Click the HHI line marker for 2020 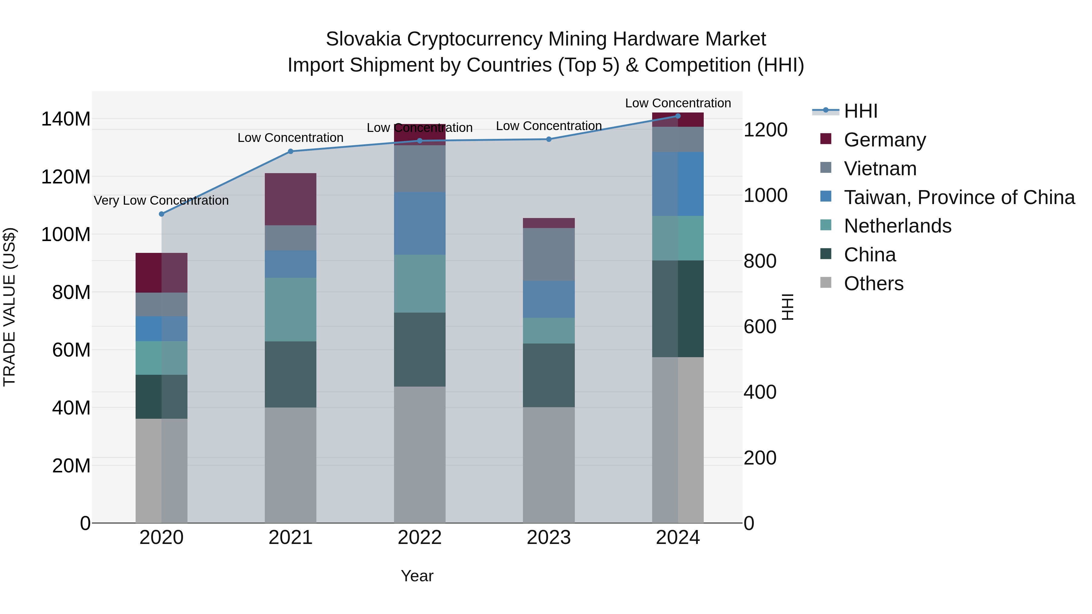point(161,214)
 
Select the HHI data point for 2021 point(290,151)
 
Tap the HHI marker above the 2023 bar point(548,139)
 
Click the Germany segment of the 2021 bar point(290,199)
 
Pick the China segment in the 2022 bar point(420,350)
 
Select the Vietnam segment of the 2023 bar point(548,254)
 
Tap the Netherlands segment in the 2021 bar point(290,309)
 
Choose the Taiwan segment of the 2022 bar point(420,223)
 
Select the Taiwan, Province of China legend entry point(959,197)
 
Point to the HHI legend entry point(861,111)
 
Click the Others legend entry point(873,284)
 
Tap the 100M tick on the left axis point(66,234)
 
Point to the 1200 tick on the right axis point(765,130)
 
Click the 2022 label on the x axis point(420,538)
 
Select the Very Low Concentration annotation point(161,200)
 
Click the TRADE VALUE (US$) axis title point(9,307)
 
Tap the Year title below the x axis point(417,576)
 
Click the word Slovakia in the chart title point(363,39)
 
